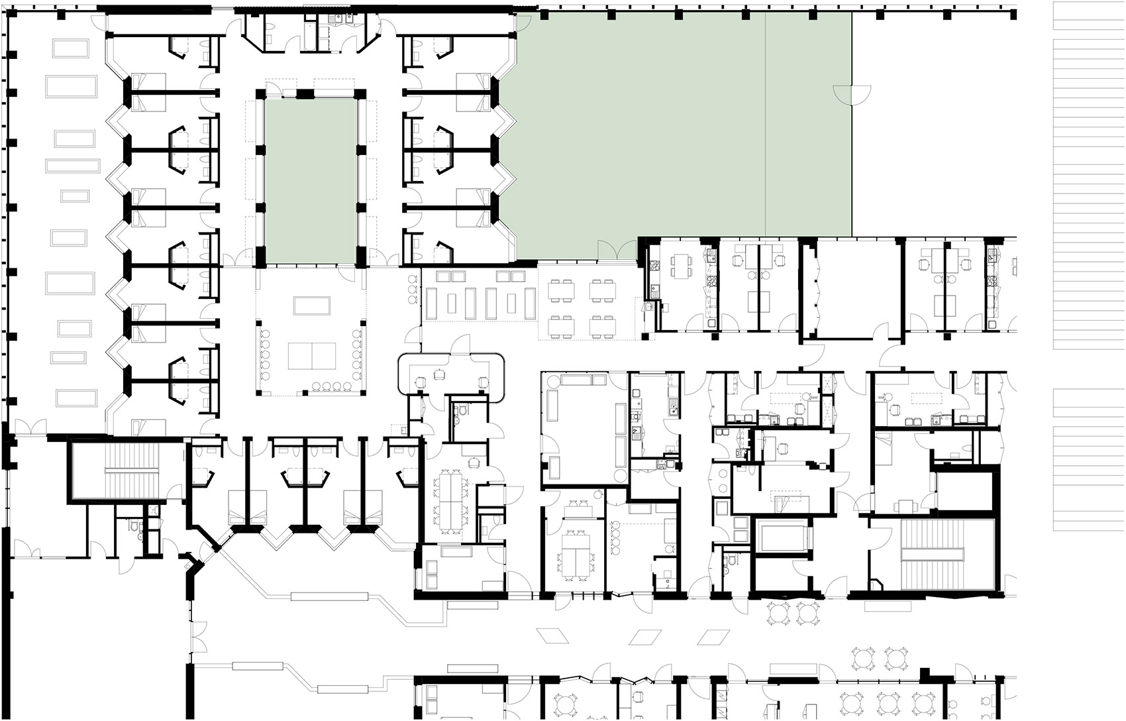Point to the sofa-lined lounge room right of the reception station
(x=583, y=427)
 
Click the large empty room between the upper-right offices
(x=852, y=290)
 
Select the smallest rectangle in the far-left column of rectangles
(x=75, y=195)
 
